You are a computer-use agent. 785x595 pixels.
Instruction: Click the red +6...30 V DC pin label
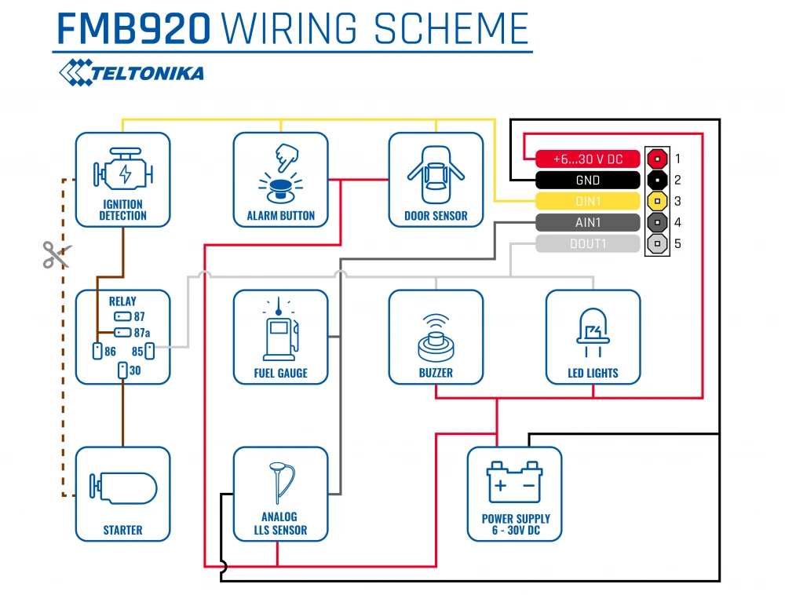tap(587, 159)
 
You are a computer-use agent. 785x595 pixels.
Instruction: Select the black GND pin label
tap(587, 180)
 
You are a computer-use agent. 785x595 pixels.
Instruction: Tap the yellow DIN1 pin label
tap(587, 201)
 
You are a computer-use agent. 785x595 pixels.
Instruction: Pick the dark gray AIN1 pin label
tap(587, 222)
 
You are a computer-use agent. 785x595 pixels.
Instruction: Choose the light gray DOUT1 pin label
tap(587, 244)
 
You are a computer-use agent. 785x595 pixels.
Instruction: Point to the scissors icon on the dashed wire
tap(56, 254)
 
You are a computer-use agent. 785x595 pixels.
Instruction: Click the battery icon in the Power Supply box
tap(514, 483)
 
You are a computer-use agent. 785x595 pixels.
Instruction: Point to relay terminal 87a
tap(122, 333)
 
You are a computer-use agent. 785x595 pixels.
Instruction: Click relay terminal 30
tap(122, 370)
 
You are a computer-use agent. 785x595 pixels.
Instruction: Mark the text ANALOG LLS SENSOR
tap(279, 524)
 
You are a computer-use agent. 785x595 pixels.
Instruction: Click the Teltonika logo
tap(131, 73)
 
